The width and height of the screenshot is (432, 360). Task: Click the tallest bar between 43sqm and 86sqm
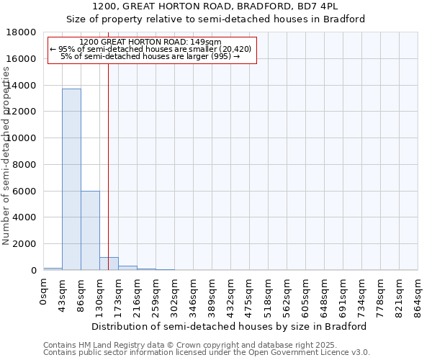click(71, 179)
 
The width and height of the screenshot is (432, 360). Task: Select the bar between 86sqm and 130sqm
click(90, 230)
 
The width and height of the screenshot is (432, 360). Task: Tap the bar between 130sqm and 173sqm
click(109, 264)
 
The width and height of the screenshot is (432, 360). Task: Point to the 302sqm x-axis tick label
click(175, 295)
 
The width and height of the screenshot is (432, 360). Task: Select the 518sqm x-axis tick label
click(269, 295)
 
